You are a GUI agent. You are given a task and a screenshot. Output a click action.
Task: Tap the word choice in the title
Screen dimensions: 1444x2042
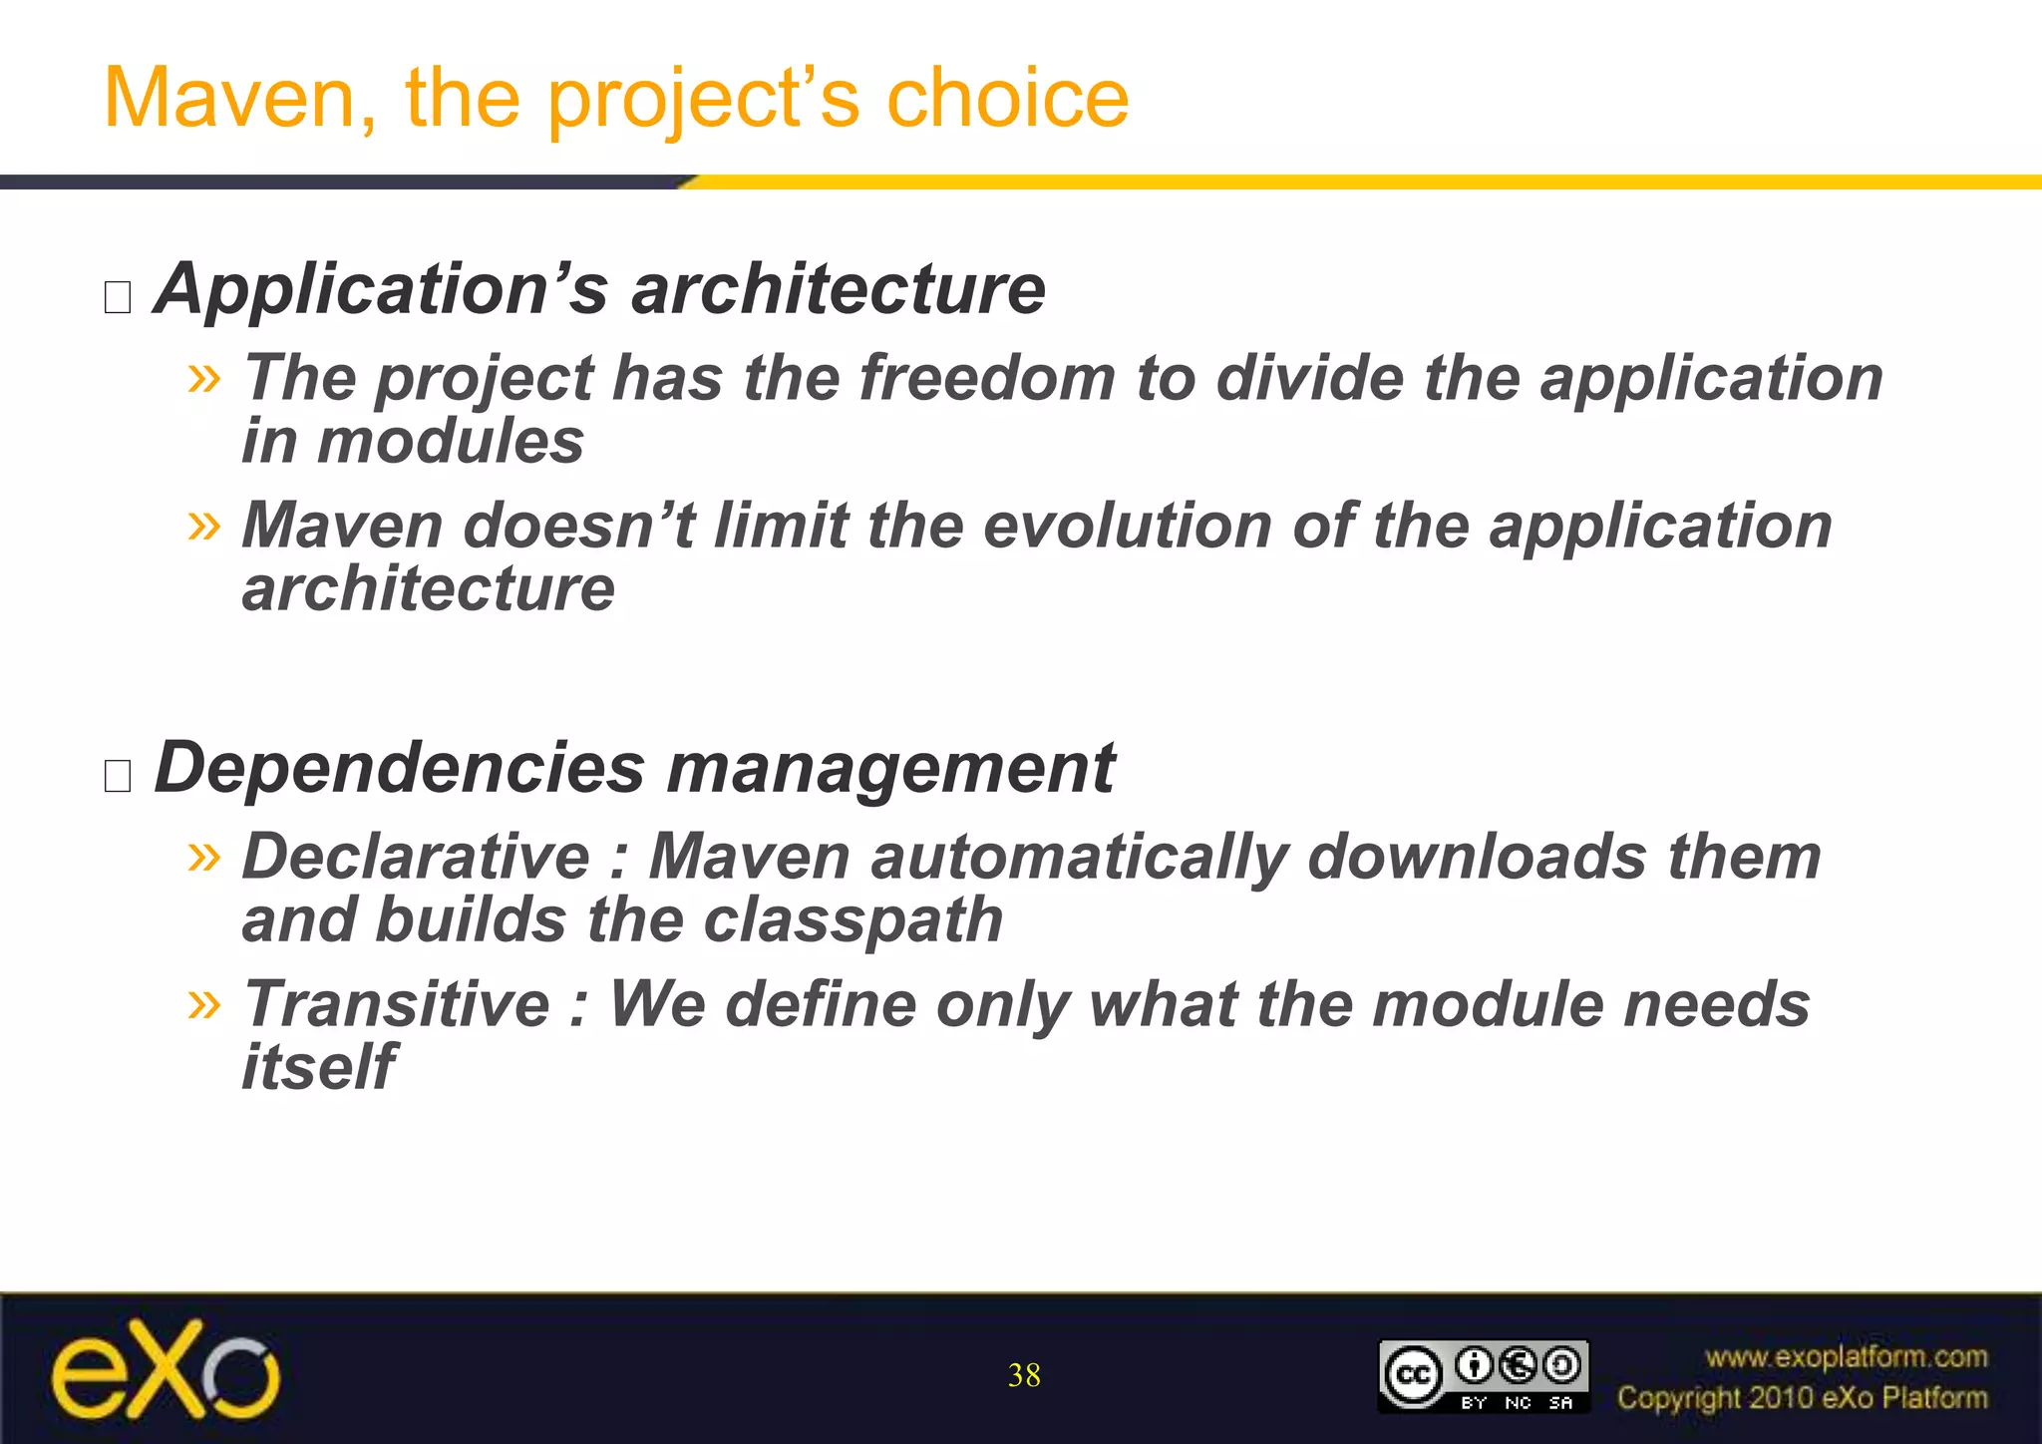[1007, 99]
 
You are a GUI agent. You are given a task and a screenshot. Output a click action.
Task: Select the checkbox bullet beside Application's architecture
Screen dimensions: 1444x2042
[118, 297]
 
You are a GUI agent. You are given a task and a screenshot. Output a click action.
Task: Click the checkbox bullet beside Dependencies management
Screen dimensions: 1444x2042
[118, 775]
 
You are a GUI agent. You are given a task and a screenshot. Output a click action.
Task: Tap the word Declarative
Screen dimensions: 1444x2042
[417, 857]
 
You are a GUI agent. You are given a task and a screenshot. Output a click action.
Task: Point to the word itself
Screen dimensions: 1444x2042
[319, 1066]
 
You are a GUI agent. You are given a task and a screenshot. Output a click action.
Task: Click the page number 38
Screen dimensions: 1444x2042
[1024, 1375]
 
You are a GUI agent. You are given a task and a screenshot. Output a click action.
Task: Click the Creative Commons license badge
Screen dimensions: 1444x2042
[1483, 1376]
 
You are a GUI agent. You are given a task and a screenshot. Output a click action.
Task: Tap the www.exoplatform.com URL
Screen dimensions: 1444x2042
[1846, 1357]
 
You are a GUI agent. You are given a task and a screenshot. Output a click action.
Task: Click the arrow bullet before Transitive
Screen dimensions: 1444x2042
[203, 1003]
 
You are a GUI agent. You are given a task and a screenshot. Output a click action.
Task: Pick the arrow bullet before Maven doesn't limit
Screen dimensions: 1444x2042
[203, 525]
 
